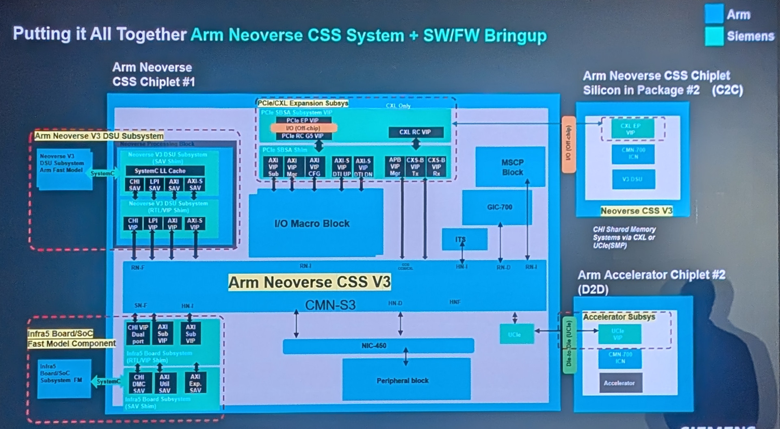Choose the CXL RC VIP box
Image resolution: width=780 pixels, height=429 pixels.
pyautogui.click(x=415, y=132)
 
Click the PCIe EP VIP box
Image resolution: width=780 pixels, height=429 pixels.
pyautogui.click(x=303, y=120)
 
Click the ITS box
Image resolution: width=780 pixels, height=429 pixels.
pyautogui.click(x=464, y=239)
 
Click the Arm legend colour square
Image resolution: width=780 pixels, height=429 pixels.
pyautogui.click(x=714, y=14)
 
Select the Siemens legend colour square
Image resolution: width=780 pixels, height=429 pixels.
pyautogui.click(x=714, y=36)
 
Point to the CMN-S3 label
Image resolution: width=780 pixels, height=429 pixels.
pyautogui.click(x=330, y=305)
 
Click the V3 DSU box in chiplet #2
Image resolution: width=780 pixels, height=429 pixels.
pyautogui.click(x=633, y=179)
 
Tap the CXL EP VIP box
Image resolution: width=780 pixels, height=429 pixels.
pyautogui.click(x=632, y=129)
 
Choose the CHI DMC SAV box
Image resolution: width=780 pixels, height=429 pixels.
pyautogui.click(x=139, y=383)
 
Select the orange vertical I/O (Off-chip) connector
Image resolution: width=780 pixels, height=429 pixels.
pyautogui.click(x=568, y=144)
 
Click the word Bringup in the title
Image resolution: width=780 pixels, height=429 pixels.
pyautogui.click(x=515, y=36)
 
